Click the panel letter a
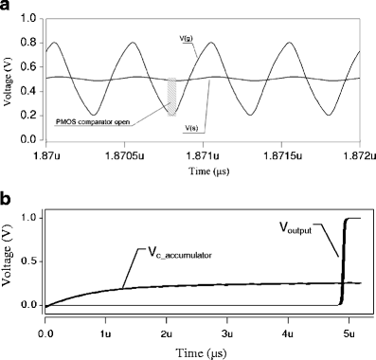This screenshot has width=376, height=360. point(8,9)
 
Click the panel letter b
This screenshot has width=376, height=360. point(8,203)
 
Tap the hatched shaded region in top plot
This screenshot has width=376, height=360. point(171,96)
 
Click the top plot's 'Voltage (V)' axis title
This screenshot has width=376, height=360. point(9,79)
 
